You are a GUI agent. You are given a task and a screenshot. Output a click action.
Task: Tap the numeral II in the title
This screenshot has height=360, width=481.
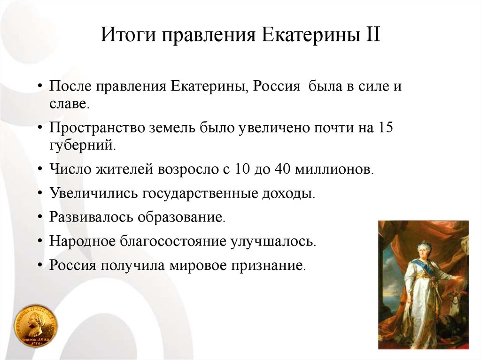tap(372, 34)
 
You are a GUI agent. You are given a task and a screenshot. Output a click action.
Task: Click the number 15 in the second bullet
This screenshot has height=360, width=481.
tap(385, 127)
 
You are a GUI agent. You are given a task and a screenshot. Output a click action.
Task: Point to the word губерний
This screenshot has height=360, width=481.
tap(83, 145)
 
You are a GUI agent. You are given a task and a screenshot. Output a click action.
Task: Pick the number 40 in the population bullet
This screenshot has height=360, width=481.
tap(282, 169)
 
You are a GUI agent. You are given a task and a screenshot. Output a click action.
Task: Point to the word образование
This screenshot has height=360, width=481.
tap(181, 217)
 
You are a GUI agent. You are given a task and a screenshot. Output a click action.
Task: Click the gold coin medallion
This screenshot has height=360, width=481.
tap(36, 326)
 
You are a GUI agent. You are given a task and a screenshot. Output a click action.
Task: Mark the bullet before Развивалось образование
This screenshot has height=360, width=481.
tap(40, 217)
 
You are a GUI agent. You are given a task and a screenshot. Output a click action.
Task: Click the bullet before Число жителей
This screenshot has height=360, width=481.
tap(40, 169)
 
